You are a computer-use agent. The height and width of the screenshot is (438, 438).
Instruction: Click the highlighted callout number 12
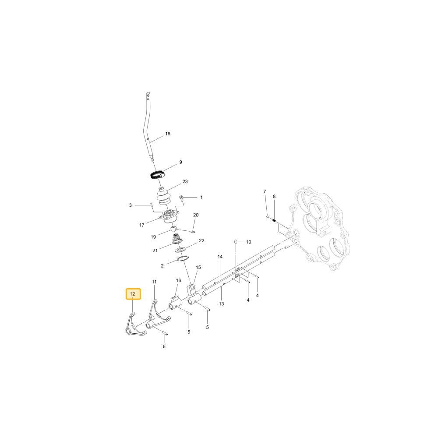133,294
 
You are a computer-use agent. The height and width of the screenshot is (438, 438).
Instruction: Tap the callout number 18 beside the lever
168,134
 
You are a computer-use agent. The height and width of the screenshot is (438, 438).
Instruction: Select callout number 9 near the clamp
181,162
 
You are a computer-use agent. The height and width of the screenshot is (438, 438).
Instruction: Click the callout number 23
185,182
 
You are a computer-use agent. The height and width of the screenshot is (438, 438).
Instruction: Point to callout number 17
141,225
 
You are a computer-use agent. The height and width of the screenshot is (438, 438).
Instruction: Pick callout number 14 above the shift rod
220,256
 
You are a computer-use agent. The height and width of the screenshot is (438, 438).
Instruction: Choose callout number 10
249,242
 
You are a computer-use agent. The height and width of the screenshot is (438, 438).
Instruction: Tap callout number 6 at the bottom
164,346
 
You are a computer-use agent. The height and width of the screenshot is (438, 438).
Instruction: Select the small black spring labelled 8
274,221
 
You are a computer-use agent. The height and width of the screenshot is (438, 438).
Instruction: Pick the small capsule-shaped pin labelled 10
236,241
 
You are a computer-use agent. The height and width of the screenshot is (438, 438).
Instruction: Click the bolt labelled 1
181,198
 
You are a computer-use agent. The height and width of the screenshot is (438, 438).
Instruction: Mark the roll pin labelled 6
165,333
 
